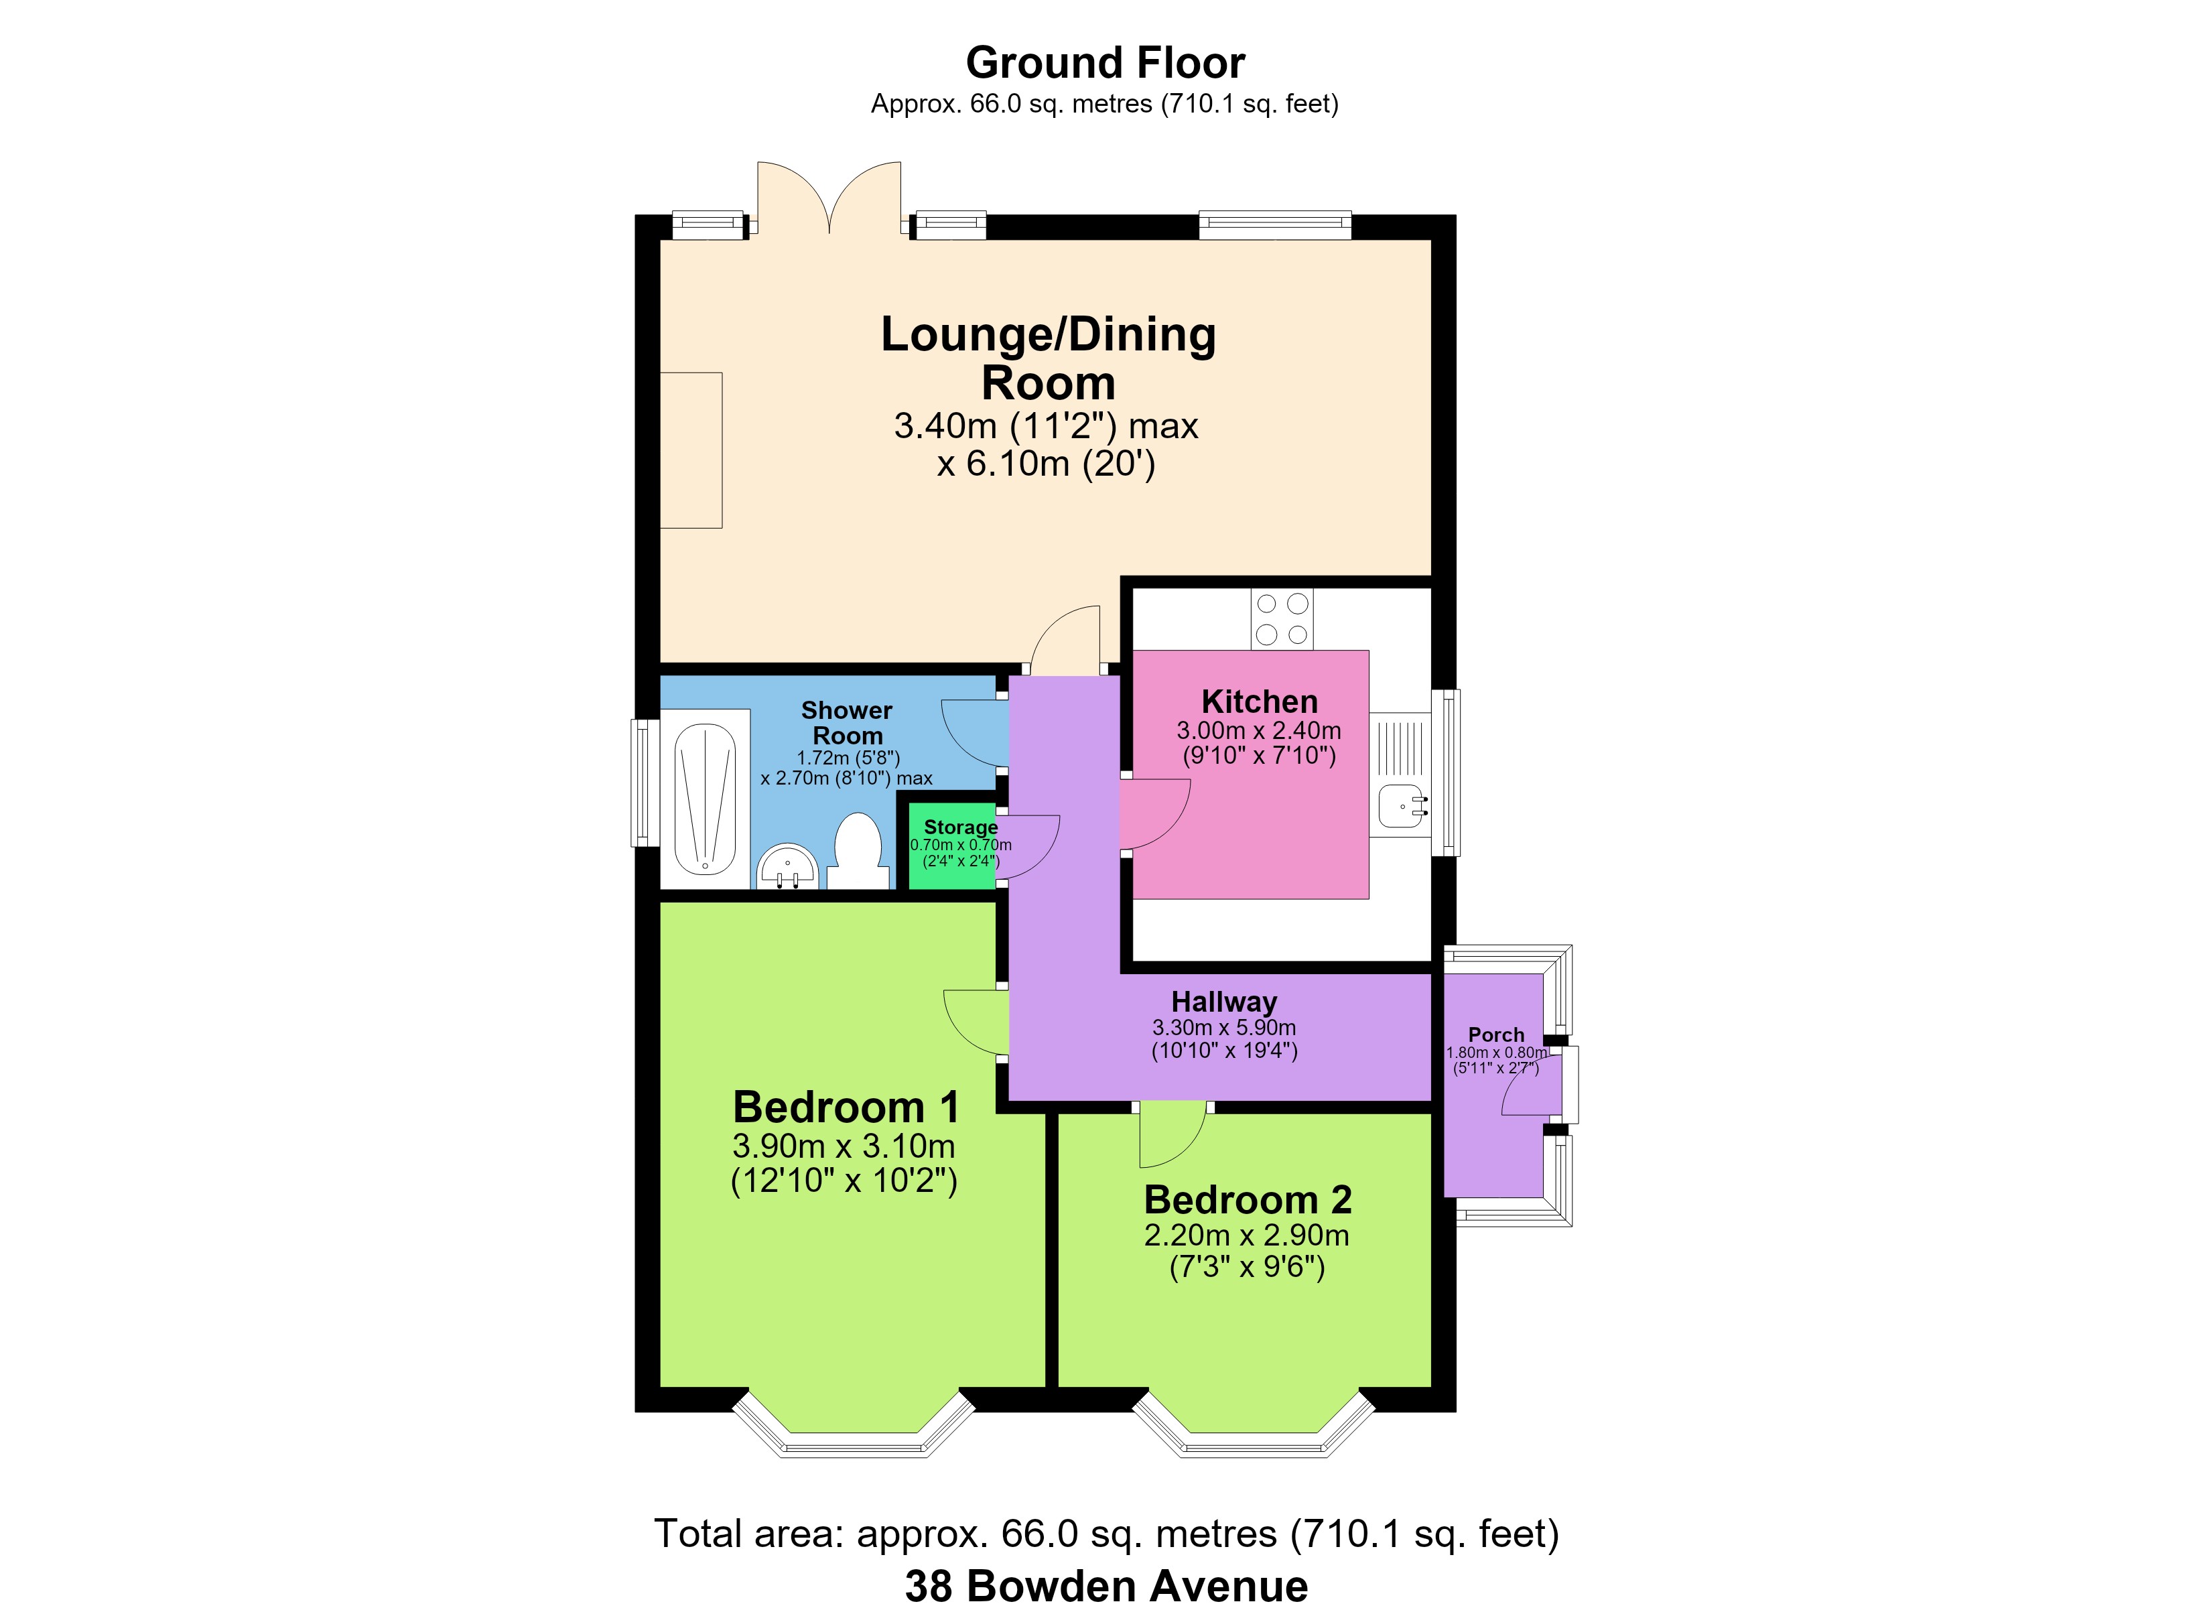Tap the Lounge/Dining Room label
point(1048,358)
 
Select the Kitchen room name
point(1260,701)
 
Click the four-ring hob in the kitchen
point(1282,619)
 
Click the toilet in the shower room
point(857,852)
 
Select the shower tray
point(705,799)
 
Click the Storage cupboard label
point(961,827)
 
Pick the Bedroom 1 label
point(846,1107)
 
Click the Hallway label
point(1225,1002)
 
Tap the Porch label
point(1496,1034)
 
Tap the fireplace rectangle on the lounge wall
point(691,450)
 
